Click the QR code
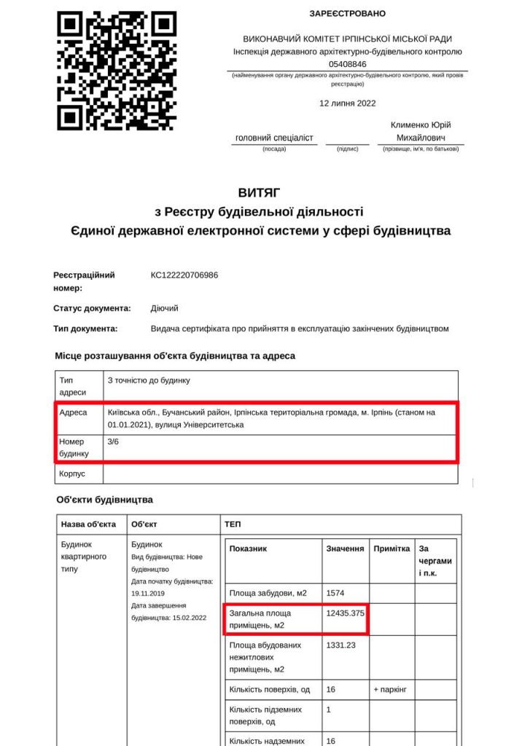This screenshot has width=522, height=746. [x=117, y=71]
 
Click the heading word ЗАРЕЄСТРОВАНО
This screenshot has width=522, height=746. [x=347, y=14]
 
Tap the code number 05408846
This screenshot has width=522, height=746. [x=347, y=64]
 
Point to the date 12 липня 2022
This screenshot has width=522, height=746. [x=347, y=103]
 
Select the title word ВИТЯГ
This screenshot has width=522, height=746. [x=260, y=193]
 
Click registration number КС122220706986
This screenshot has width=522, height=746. [x=184, y=275]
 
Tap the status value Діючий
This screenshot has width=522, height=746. [x=165, y=308]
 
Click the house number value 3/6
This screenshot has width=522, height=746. [x=114, y=441]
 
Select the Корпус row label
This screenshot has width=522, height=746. [x=72, y=474]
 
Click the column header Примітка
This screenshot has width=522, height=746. [x=391, y=549]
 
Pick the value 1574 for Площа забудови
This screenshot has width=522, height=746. [x=335, y=593]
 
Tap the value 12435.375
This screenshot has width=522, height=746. [x=346, y=613]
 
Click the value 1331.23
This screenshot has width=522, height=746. [x=341, y=645]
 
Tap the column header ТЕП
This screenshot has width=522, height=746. [x=233, y=525]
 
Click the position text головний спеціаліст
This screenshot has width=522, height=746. [x=274, y=138]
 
